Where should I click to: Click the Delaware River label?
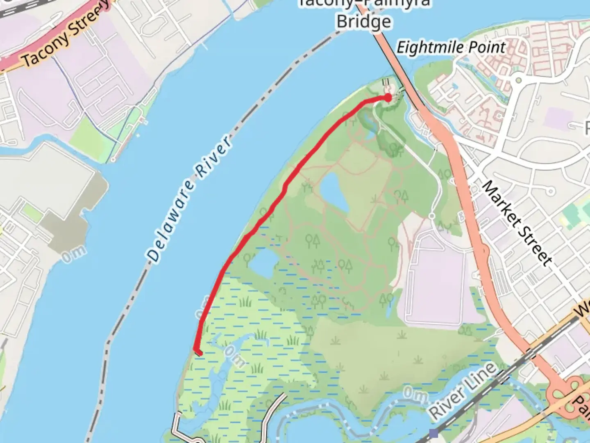[x=189, y=199]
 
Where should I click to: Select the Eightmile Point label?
[x=451, y=48]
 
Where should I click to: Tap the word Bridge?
[x=364, y=21]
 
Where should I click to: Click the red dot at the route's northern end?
[x=388, y=97]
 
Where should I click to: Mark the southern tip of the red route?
[x=199, y=352]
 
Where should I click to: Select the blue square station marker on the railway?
[x=434, y=433]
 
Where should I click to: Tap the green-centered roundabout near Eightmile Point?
[x=518, y=80]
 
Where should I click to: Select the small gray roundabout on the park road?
[x=431, y=215]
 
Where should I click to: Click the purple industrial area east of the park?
[x=434, y=283]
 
